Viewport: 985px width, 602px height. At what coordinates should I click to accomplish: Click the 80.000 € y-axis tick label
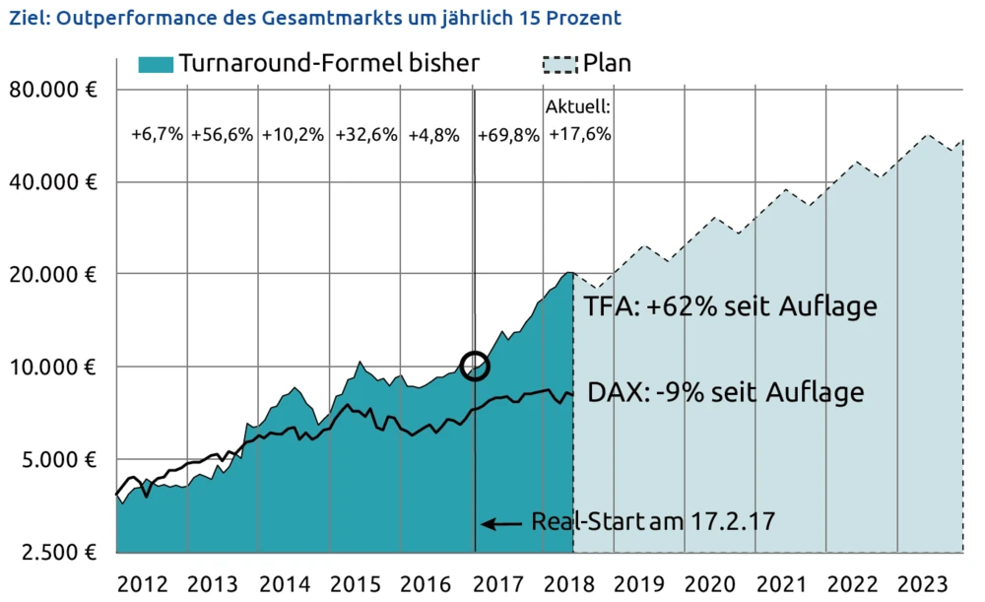52,90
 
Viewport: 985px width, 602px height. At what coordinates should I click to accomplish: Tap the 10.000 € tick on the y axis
52,368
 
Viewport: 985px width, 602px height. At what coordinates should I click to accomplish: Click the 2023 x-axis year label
926,581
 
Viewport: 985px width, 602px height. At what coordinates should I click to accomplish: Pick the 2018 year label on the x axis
570,581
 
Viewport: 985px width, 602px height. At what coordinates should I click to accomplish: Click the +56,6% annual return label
223,135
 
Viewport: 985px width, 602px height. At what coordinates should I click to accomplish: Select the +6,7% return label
158,135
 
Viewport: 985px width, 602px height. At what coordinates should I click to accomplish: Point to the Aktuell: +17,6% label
579,120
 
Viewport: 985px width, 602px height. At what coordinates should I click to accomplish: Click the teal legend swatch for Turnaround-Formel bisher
156,64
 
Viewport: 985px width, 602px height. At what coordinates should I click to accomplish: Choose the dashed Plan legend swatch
559,64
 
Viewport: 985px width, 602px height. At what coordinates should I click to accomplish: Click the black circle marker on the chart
475,366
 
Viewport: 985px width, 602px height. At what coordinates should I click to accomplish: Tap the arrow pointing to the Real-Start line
503,523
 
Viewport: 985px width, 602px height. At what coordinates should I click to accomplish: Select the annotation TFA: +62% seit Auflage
730,305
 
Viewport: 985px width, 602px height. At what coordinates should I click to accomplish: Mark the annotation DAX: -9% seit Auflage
726,392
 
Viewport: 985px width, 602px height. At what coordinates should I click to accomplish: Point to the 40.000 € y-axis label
52,182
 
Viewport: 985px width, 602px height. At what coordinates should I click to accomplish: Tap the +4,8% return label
433,135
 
